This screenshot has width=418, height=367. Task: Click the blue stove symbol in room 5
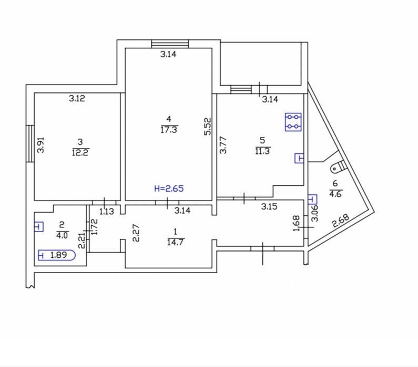(293, 122)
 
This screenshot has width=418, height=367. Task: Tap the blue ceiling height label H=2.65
(169, 188)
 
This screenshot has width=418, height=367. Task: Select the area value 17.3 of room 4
(169, 130)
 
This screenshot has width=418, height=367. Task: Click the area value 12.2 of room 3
(80, 152)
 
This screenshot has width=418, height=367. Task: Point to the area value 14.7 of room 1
(176, 242)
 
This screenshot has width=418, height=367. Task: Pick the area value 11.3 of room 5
(263, 151)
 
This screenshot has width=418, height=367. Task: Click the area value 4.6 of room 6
(335, 194)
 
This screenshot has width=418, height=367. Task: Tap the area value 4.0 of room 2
(62, 235)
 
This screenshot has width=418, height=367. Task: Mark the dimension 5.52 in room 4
(208, 127)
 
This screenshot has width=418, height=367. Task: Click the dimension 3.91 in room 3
(40, 145)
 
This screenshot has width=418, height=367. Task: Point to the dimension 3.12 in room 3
(77, 99)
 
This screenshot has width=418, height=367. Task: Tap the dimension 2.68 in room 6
(340, 221)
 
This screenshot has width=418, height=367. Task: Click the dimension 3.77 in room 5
(223, 145)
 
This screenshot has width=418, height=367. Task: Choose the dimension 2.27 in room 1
(136, 233)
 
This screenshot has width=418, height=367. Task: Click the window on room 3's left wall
(30, 143)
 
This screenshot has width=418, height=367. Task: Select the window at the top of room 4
(170, 44)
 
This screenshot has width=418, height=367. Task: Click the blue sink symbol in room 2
(39, 227)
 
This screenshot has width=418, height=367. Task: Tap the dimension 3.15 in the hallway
(269, 206)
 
